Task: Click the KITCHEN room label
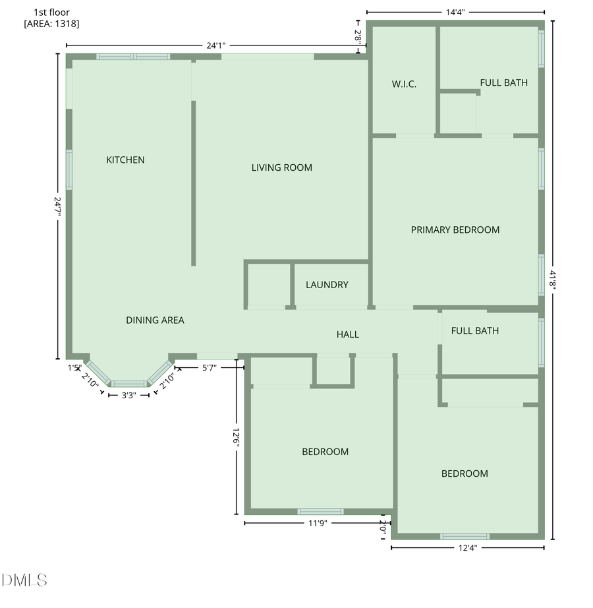click(125, 160)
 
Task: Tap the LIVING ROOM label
click(282, 167)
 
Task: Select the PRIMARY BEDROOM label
click(455, 229)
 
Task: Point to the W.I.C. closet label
click(404, 84)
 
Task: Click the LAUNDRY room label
click(327, 285)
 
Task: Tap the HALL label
click(348, 334)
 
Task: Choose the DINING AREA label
click(155, 320)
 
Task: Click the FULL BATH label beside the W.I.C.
click(503, 82)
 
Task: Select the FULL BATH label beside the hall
click(475, 330)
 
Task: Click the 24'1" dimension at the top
click(216, 46)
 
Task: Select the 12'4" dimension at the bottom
click(466, 547)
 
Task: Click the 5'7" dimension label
click(209, 368)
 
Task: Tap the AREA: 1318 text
click(52, 23)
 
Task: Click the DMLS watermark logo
click(24, 580)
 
